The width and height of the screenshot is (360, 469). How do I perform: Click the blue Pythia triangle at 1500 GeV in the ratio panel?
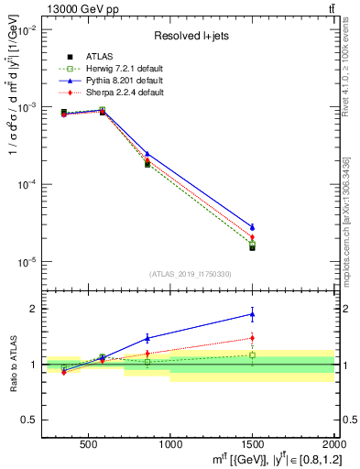coord(252,314)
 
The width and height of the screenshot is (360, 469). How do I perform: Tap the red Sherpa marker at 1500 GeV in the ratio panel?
coord(252,338)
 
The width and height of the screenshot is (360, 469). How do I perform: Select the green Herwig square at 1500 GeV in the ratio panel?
coord(252,354)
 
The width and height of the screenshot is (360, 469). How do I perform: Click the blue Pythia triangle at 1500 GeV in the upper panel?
coord(252,226)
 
